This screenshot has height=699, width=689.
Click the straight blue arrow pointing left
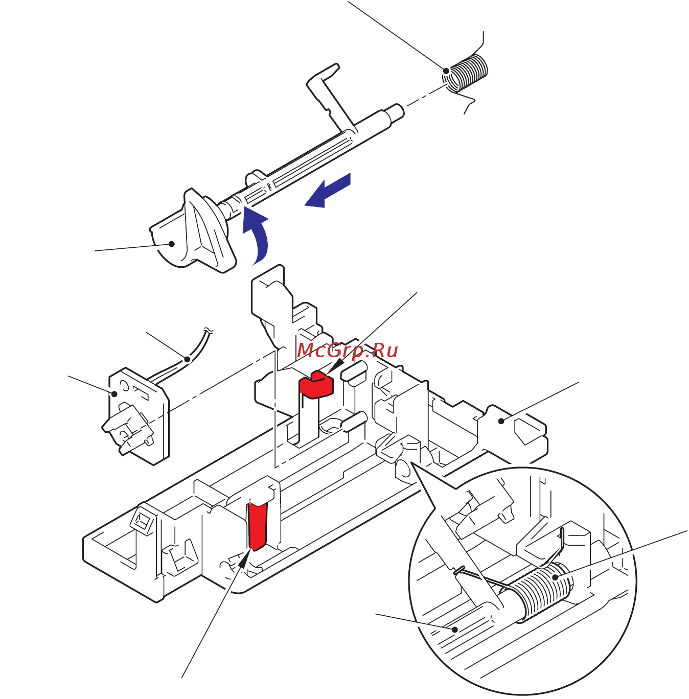[x=328, y=191]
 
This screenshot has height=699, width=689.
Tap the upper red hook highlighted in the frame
[x=316, y=385]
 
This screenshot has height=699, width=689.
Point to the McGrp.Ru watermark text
[x=347, y=351]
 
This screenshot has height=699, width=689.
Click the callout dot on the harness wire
[x=188, y=359]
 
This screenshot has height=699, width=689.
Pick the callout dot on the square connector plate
[x=114, y=393]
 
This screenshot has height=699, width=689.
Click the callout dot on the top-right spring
[x=446, y=71]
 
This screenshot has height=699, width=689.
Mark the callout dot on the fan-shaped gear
[x=172, y=244]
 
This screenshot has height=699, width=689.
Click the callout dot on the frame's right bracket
[x=502, y=421]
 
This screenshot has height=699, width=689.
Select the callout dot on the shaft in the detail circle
[x=454, y=630]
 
